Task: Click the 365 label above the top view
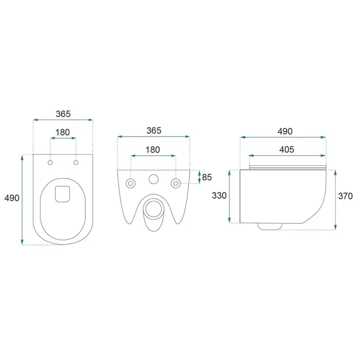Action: (x=63, y=114)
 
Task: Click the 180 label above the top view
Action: (x=62, y=133)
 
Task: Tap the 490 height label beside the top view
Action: (x=12, y=198)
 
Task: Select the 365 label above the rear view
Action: (x=154, y=130)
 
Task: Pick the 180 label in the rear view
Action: (x=153, y=150)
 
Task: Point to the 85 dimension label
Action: (x=207, y=177)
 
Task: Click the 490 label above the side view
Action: (x=285, y=132)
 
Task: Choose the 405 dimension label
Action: (x=287, y=150)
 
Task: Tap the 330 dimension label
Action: (x=219, y=195)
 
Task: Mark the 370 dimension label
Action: (x=345, y=196)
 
